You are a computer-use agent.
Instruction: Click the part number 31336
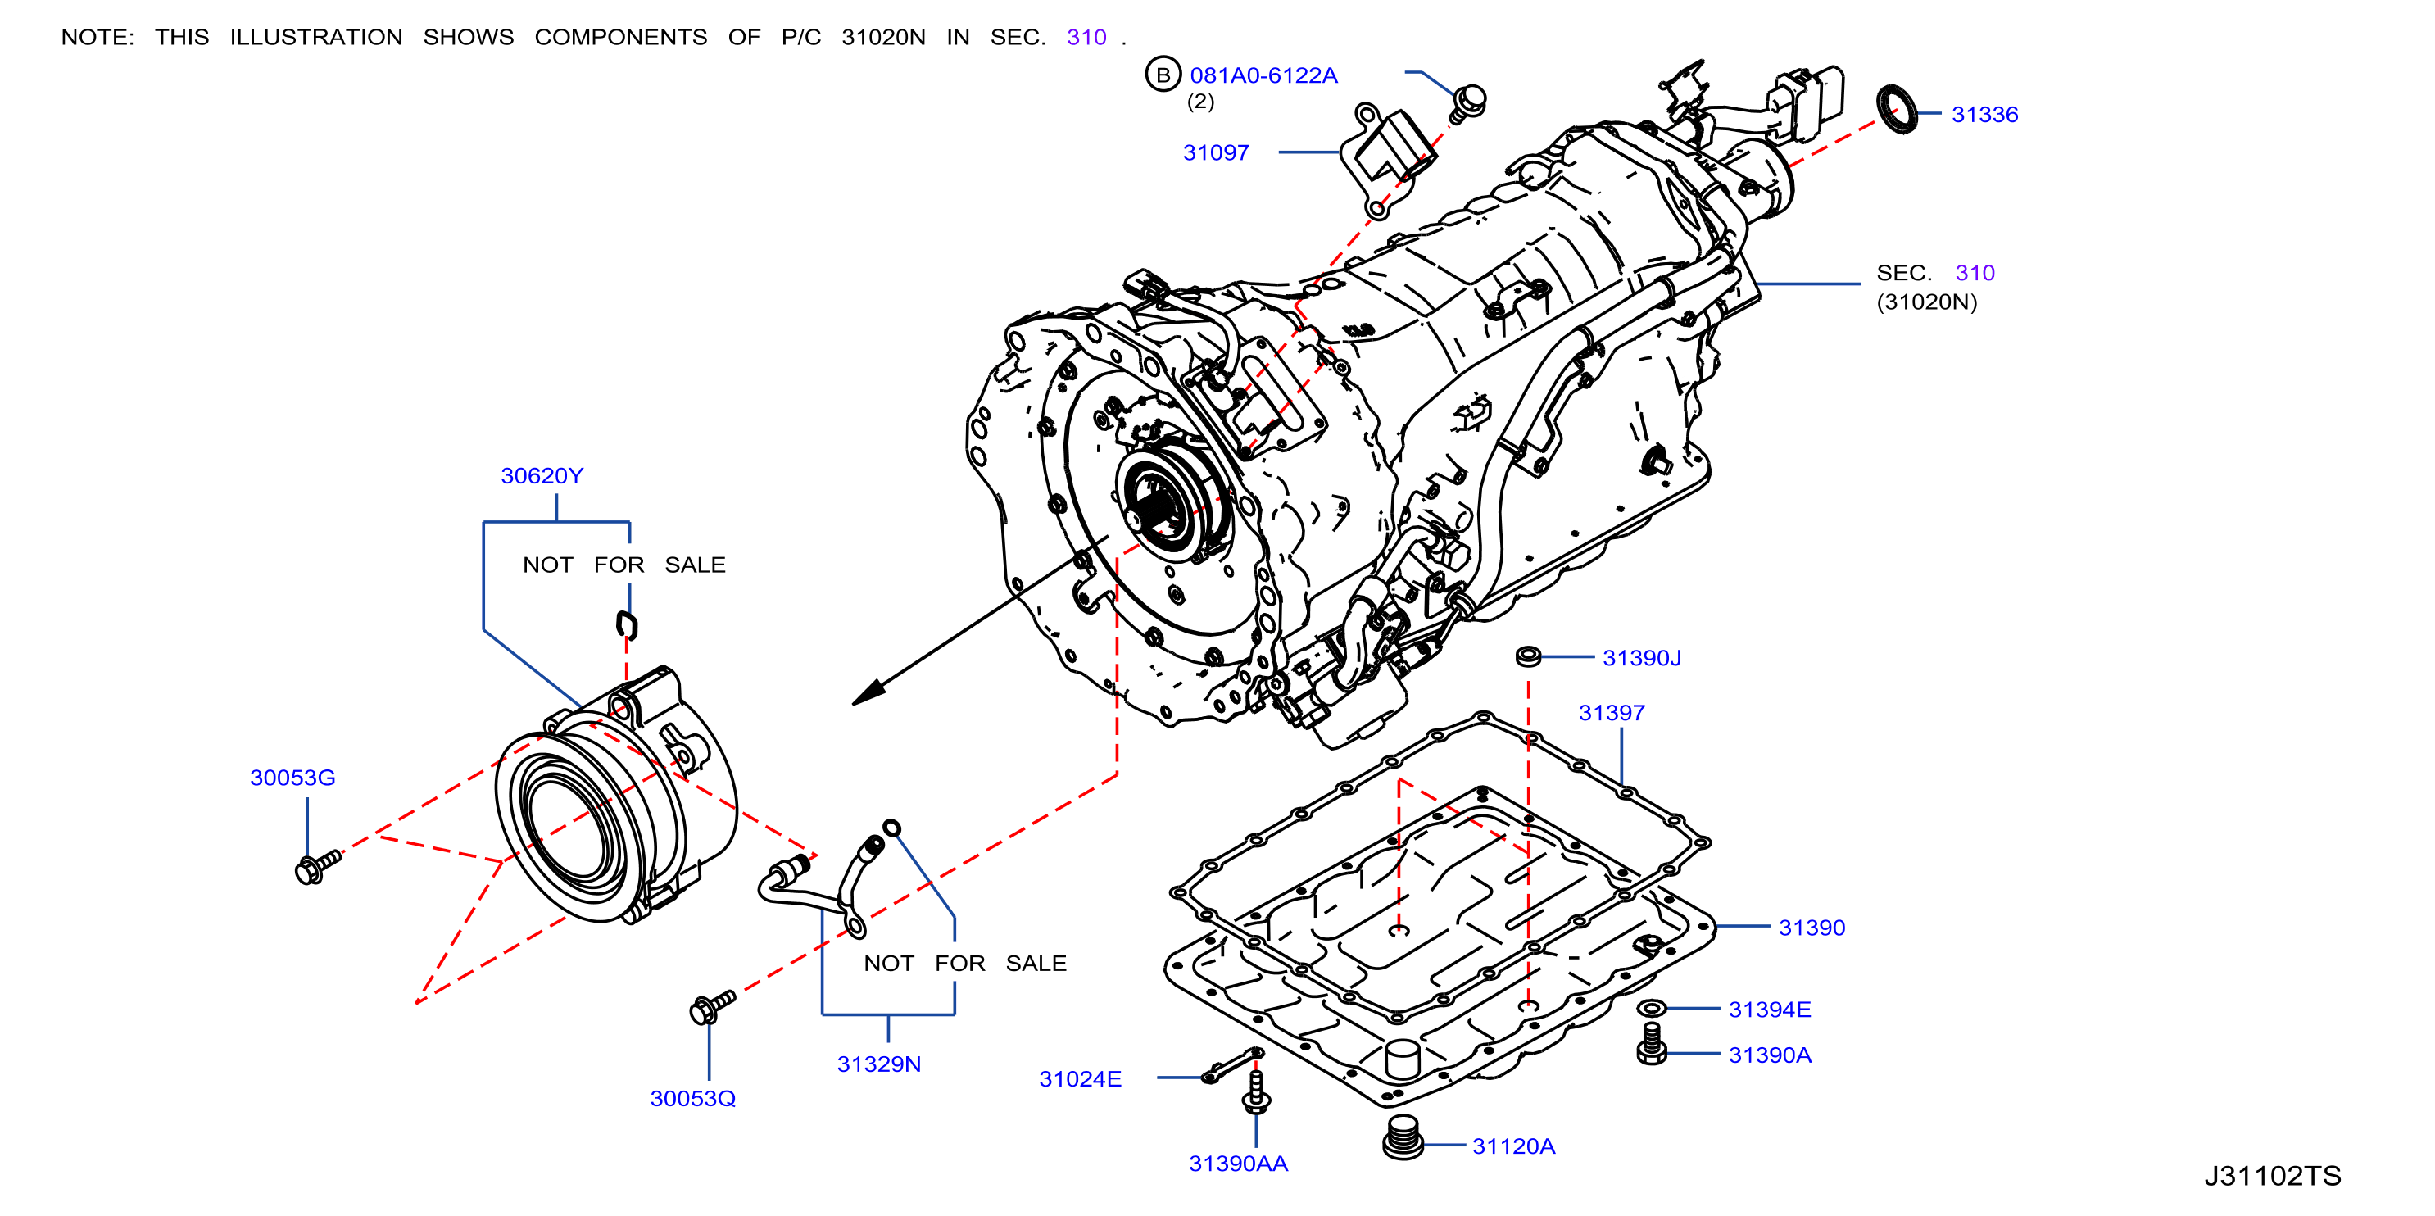1984,115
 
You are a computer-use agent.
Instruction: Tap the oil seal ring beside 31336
1898,109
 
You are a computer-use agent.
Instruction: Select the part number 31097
1216,152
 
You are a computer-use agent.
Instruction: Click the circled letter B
1163,75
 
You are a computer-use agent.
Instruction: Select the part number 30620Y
542,475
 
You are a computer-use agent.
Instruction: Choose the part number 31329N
878,1064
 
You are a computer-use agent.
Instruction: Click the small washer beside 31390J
1527,656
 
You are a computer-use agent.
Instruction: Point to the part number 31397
1612,713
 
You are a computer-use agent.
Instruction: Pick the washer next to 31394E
1650,1009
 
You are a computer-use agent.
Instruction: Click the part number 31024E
1080,1079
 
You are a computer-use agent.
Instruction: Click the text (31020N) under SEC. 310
1926,302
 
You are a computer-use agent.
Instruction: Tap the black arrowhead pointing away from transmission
868,692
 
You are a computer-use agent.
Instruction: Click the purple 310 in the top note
1086,37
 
